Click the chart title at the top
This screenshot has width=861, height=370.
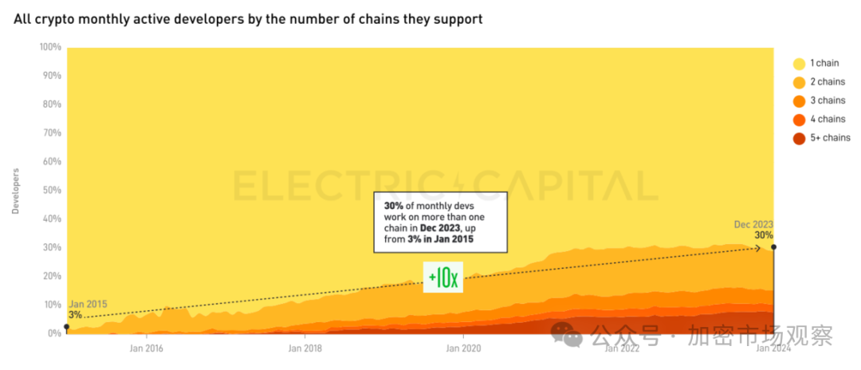coord(248,18)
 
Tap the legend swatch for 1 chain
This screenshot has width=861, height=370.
coord(798,63)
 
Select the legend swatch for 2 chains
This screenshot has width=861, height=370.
coord(798,82)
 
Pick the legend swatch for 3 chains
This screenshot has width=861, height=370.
coord(798,101)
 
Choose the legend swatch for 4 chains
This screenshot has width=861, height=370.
coord(798,120)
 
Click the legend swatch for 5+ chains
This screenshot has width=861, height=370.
coord(798,139)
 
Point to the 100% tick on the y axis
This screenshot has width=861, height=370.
coord(50,47)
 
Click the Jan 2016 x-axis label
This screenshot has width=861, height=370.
coord(147,348)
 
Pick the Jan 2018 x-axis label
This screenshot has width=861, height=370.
coord(305,348)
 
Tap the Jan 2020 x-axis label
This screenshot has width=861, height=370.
coord(462,348)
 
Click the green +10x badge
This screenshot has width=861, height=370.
coord(442,277)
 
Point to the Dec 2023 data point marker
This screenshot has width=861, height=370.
coord(773,247)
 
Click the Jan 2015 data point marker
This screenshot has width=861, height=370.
coord(67,327)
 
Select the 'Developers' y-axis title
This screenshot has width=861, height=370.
coord(15,191)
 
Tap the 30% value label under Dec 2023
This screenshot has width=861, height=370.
coord(764,235)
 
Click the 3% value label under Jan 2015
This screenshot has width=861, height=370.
coord(75,315)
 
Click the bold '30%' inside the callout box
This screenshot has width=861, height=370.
coord(394,206)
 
